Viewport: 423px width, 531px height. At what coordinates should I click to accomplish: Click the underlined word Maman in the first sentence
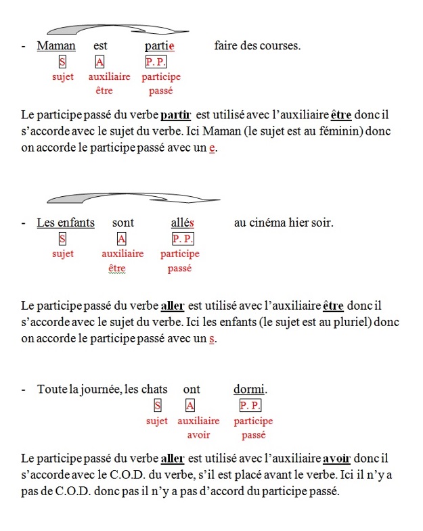(56, 46)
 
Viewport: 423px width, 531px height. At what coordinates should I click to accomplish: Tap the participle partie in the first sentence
(160, 46)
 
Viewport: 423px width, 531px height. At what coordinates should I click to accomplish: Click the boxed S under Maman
(63, 62)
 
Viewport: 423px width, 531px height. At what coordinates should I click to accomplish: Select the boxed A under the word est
(100, 62)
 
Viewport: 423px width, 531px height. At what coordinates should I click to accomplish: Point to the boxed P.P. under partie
(156, 62)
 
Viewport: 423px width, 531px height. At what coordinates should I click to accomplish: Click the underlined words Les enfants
(66, 222)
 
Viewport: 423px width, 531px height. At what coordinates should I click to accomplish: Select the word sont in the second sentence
(123, 222)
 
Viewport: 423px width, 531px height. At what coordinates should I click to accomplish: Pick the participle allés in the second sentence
(183, 222)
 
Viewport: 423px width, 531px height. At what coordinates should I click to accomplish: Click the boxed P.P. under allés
(183, 238)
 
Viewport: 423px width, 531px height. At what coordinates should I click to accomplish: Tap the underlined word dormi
(249, 389)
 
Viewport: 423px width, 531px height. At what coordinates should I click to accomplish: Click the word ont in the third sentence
(192, 389)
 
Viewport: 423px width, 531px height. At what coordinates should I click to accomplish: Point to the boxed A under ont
(190, 405)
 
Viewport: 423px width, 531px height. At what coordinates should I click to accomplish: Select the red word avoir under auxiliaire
(199, 435)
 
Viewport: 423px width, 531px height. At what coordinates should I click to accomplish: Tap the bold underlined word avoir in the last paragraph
(337, 459)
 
